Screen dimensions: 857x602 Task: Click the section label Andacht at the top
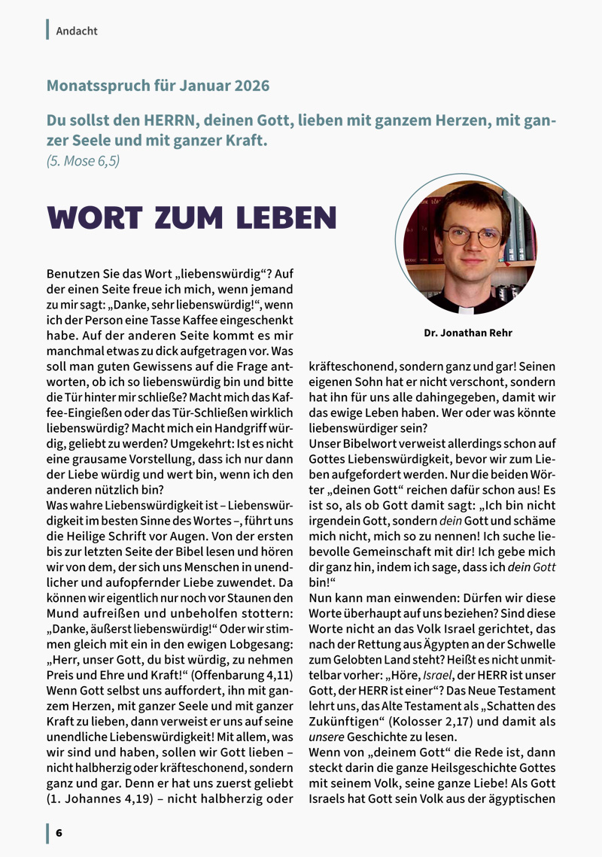click(77, 31)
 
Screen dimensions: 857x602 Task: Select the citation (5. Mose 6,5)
click(83, 160)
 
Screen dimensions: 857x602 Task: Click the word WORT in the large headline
click(94, 217)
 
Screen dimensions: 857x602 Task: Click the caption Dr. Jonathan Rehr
click(468, 333)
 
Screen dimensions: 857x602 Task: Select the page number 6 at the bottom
click(59, 833)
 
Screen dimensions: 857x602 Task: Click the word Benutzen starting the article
click(72, 274)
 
